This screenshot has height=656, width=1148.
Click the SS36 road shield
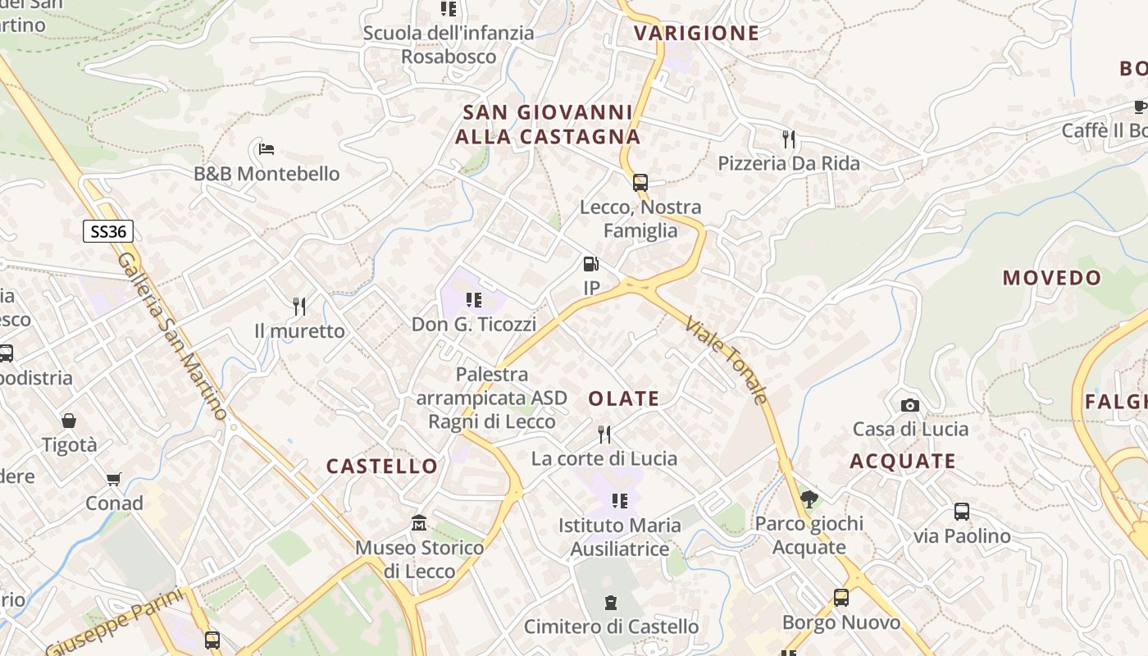[x=108, y=231]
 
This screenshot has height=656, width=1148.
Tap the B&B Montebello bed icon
[x=266, y=149]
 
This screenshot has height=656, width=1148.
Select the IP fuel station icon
[x=590, y=264]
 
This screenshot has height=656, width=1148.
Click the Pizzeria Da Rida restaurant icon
[x=789, y=139]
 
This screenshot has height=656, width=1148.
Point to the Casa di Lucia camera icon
[x=909, y=405]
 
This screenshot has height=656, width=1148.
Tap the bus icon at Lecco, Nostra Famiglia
[x=640, y=183]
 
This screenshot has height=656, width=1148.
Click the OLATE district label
[x=624, y=399]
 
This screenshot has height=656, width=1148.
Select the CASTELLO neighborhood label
[x=382, y=467]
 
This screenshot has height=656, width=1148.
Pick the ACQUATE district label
[x=903, y=462]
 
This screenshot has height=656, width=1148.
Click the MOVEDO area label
[x=1052, y=278]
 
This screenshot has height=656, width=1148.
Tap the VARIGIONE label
[x=696, y=34]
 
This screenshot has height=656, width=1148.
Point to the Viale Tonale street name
[x=727, y=360]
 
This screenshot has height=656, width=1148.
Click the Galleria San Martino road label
[x=171, y=335]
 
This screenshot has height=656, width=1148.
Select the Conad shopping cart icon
[x=113, y=479]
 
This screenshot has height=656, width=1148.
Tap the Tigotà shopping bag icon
[x=69, y=421]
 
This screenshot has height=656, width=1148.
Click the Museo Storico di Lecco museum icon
[x=419, y=522]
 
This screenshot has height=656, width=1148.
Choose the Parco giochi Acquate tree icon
[x=809, y=499]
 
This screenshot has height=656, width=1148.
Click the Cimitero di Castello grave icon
[x=610, y=604]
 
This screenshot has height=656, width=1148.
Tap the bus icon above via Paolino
[x=962, y=512]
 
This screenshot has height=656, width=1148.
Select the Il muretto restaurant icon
[x=299, y=307]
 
